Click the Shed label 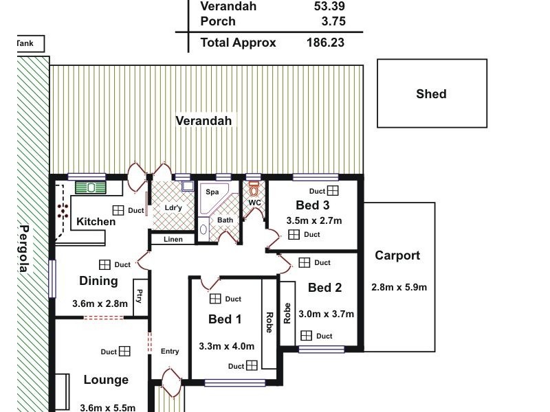[431, 94]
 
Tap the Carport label [397, 255]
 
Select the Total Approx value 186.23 [325, 43]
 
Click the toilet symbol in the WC [254, 190]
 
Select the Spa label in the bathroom [212, 192]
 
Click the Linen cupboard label [173, 240]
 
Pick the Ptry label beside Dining [140, 297]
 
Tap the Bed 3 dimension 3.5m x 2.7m [313, 220]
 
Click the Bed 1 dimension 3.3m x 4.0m [226, 346]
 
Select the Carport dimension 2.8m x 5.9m [399, 287]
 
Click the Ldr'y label [173, 208]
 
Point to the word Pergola [24, 249]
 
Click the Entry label [170, 352]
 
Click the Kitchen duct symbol [118, 210]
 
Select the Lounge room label [106, 380]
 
